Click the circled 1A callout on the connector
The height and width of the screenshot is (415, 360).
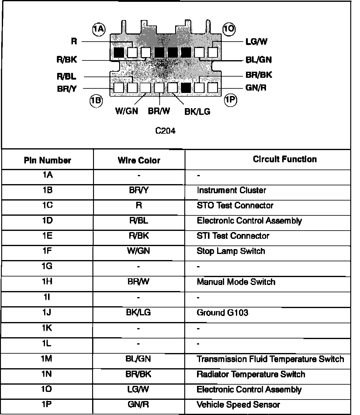[x=99, y=29]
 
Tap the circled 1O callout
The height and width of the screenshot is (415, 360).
[x=229, y=29]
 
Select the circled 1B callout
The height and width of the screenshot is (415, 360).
[x=96, y=100]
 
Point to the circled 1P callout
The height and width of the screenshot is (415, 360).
[x=230, y=100]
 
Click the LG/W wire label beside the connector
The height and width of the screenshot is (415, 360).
[x=256, y=42]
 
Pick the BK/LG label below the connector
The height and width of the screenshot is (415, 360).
[x=197, y=112]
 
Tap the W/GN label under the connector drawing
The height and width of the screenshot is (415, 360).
[x=126, y=111]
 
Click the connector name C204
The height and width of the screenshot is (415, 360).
[x=165, y=131]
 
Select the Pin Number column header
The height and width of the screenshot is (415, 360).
[x=47, y=160]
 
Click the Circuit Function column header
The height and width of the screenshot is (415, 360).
[x=285, y=159]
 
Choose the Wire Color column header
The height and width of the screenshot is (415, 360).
[x=139, y=160]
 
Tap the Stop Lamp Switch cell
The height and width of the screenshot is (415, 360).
[x=231, y=251]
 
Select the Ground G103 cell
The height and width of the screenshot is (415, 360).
[x=222, y=313]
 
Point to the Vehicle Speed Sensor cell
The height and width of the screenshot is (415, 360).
[x=238, y=405]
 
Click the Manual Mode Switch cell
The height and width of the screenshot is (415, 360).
[x=236, y=282]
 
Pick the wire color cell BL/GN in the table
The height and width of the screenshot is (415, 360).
[x=138, y=359]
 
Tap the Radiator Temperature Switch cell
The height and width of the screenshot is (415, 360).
[x=251, y=374]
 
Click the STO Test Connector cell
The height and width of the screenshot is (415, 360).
[x=235, y=205]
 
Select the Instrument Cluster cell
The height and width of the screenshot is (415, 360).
[x=231, y=190]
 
